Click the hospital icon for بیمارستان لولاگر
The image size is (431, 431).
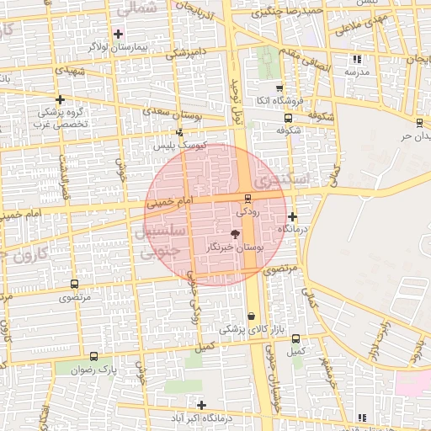(118, 35)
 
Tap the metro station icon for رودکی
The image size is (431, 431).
(247, 200)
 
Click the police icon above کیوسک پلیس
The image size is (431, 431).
(178, 132)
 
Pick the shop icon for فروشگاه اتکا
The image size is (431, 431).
(279, 88)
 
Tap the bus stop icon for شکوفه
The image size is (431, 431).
(288, 119)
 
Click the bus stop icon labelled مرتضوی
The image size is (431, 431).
(75, 285)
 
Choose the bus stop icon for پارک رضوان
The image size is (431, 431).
(93, 356)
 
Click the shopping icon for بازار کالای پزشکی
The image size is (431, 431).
(250, 317)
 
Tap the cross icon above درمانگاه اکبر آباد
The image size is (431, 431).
(201, 405)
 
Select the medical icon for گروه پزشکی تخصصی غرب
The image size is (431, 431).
(60, 99)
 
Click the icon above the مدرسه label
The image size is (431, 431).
(358, 59)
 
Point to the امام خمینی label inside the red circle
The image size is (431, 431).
(170, 203)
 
